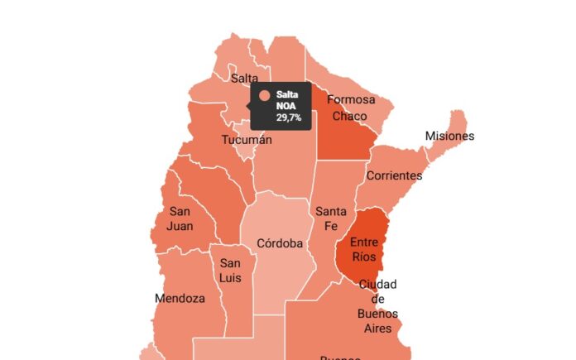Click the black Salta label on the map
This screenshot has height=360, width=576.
pyautogui.click(x=244, y=79)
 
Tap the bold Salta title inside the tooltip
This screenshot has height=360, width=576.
pyautogui.click(x=287, y=95)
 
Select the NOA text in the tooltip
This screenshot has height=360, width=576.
pyautogui.click(x=286, y=107)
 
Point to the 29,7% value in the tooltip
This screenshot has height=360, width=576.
pyautogui.click(x=289, y=118)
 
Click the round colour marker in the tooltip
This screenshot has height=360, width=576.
pyautogui.click(x=265, y=96)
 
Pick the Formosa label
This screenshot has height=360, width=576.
pyautogui.click(x=351, y=100)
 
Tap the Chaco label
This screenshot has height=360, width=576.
pyautogui.click(x=349, y=116)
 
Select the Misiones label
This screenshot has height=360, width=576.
pyautogui.click(x=449, y=136)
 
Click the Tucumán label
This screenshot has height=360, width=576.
pyautogui.click(x=247, y=140)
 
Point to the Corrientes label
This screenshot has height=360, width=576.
pyautogui.click(x=394, y=175)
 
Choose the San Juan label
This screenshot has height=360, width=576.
pyautogui.click(x=180, y=218)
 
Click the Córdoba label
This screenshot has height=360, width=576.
pyautogui.click(x=280, y=243)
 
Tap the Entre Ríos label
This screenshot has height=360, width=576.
pyautogui.click(x=364, y=249)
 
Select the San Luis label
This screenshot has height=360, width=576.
pyautogui.click(x=230, y=271)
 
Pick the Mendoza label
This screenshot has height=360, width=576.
pyautogui.click(x=180, y=298)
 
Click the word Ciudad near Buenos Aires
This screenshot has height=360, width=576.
pyautogui.click(x=377, y=284)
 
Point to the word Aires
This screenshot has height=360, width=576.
pyautogui.click(x=377, y=329)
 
